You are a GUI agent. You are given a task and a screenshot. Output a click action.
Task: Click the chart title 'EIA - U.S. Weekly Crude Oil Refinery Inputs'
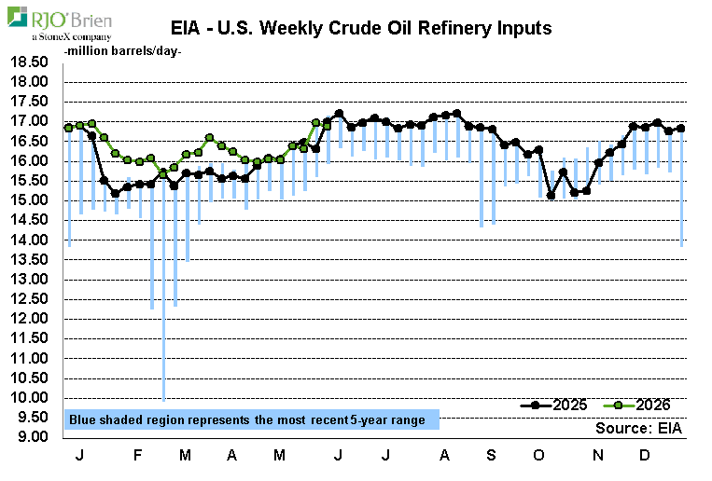click(x=361, y=28)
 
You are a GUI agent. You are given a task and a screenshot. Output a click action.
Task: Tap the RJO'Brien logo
click(x=60, y=23)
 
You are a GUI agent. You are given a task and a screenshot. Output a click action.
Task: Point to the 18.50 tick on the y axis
click(x=29, y=62)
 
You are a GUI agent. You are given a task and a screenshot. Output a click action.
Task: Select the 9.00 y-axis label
click(x=33, y=436)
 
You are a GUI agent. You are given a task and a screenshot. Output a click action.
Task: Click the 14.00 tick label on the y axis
click(x=29, y=240)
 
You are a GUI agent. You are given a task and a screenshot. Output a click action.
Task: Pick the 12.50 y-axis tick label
click(x=29, y=298)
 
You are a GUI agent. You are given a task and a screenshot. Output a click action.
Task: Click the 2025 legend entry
click(x=553, y=405)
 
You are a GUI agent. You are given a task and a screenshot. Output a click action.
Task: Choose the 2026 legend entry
click(x=636, y=405)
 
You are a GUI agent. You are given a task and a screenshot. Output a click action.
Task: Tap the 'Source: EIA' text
click(x=638, y=428)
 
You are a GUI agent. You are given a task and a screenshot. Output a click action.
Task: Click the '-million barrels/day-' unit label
click(x=122, y=51)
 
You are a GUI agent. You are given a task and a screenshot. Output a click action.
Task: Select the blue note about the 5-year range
click(x=252, y=419)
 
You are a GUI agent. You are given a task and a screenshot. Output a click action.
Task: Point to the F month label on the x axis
click(x=137, y=455)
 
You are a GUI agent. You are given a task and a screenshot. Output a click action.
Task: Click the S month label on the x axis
click(x=491, y=455)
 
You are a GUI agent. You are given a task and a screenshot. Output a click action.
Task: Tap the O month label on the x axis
click(x=538, y=455)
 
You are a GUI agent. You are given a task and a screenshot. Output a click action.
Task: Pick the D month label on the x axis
click(x=644, y=455)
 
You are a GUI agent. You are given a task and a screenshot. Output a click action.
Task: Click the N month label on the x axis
click(x=598, y=455)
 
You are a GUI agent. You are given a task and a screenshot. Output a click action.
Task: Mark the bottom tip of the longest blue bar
click(x=163, y=401)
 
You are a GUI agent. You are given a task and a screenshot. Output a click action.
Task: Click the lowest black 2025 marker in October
click(x=551, y=196)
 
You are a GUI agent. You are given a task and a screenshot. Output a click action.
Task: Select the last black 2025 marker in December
click(x=680, y=129)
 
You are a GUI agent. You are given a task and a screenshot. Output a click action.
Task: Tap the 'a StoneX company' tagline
click(x=71, y=36)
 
